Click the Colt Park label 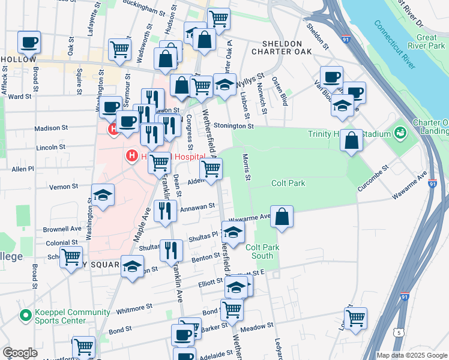[288, 184]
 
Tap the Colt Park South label [264, 251]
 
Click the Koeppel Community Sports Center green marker [25, 315]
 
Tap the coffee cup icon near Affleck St [29, 43]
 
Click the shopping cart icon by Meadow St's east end [355, 317]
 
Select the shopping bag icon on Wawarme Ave [282, 217]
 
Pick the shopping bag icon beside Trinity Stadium [351, 141]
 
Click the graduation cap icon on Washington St [103, 195]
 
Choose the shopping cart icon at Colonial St [71, 257]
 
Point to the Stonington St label [231, 127]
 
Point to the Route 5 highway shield [399, 332]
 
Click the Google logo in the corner [19, 353]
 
